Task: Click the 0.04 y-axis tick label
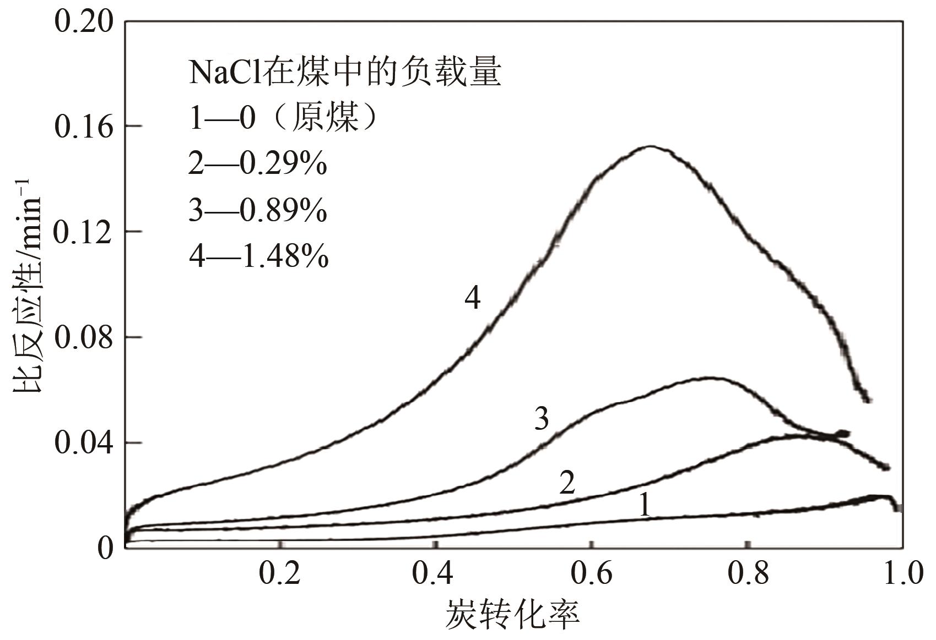click(x=83, y=443)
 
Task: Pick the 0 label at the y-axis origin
click(x=105, y=548)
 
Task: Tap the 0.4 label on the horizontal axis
click(x=435, y=574)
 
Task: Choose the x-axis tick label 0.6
click(x=591, y=574)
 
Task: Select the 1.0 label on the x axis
click(x=902, y=574)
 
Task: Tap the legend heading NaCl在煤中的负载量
click(x=345, y=73)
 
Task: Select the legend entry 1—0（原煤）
click(x=284, y=117)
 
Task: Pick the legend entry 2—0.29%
click(x=258, y=163)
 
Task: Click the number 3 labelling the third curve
click(x=542, y=419)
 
